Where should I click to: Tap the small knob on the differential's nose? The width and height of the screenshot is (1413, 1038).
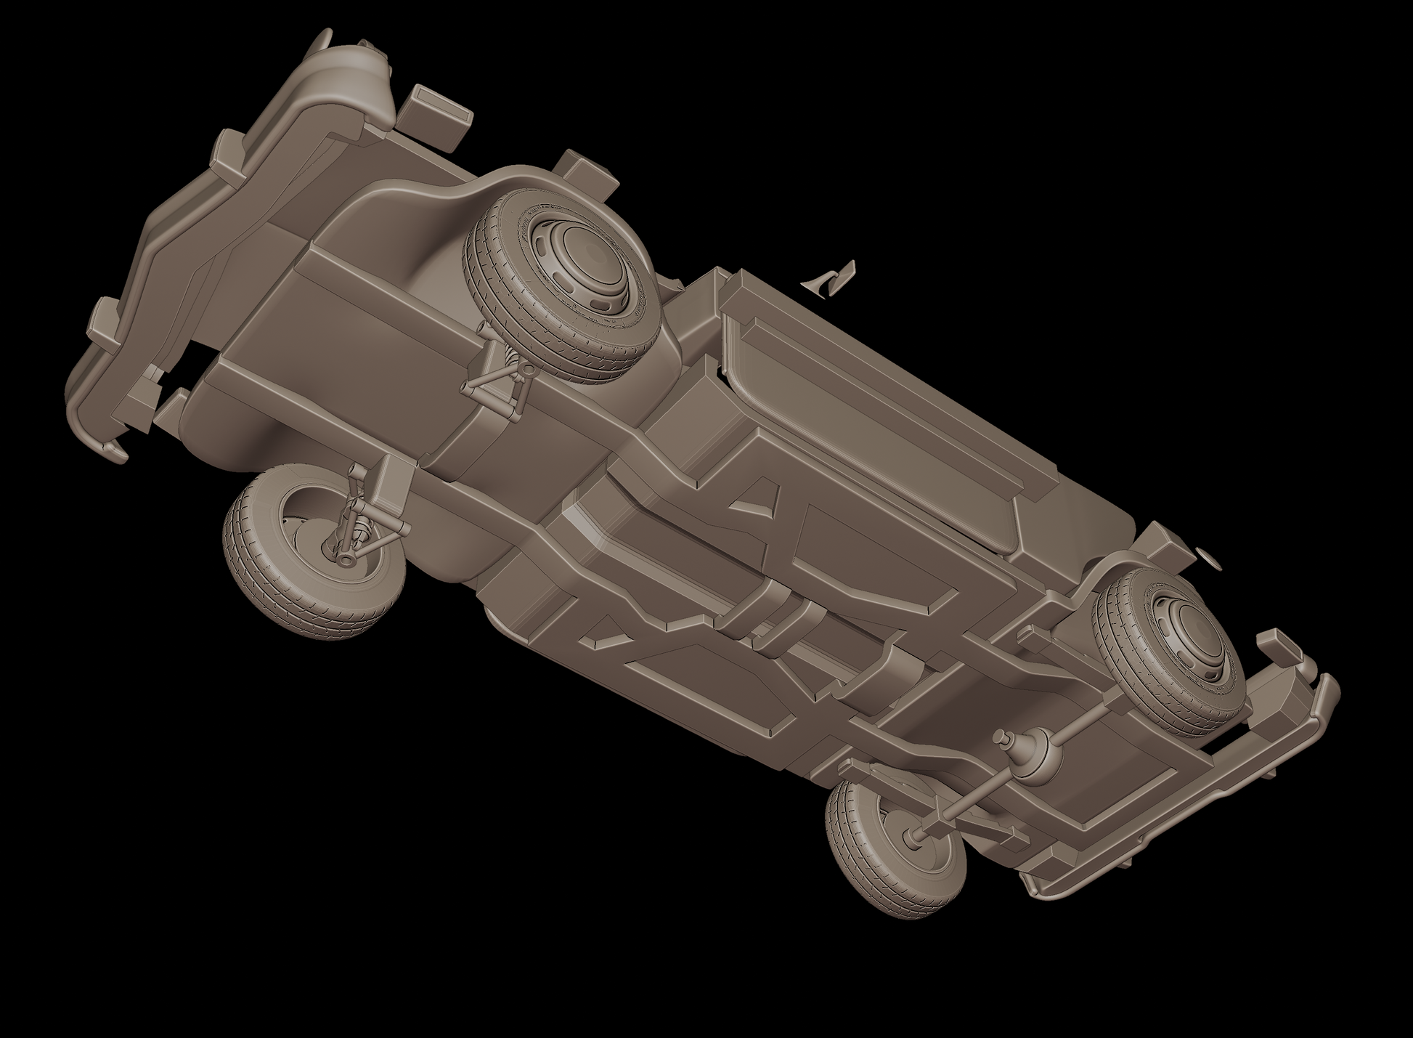pyautogui.click(x=1003, y=739)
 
